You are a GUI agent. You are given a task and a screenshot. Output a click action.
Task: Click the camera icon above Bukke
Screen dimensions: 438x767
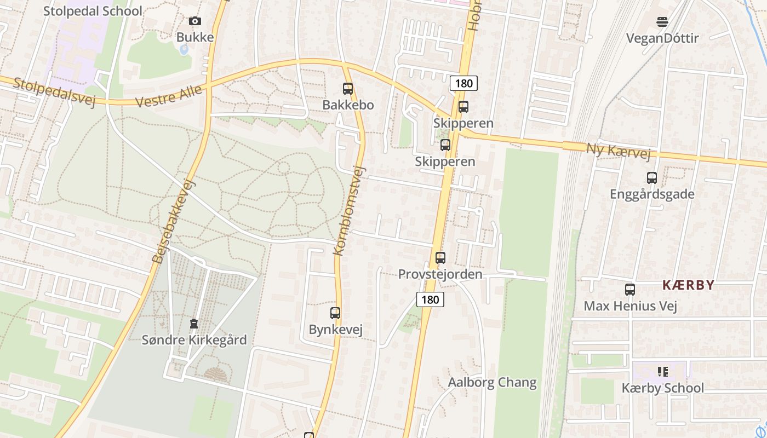[194, 21]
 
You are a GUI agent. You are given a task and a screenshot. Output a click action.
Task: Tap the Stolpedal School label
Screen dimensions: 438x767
[93, 11]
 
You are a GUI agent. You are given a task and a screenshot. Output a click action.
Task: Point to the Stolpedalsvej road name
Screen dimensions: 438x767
[54, 91]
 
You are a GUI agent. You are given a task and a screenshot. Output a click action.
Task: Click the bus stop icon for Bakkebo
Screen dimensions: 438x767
[348, 88]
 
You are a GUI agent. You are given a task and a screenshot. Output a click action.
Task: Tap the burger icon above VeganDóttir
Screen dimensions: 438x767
[662, 22]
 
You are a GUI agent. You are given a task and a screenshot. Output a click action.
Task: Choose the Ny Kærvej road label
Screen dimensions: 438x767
[619, 151]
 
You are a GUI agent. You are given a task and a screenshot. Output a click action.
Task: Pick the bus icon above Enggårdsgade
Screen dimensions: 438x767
[651, 178]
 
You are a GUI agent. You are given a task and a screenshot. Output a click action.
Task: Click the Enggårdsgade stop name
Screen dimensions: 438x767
[652, 194]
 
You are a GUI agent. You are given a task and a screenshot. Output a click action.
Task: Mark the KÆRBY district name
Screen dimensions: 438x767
[688, 285]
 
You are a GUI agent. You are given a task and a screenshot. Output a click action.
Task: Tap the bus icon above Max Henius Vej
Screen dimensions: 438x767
[630, 289]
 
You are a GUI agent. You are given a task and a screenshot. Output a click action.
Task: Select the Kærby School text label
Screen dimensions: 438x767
[662, 388]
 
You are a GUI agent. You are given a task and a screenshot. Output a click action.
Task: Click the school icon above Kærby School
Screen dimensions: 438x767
[663, 372]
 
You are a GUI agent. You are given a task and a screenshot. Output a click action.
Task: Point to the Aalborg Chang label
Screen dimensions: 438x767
[492, 382]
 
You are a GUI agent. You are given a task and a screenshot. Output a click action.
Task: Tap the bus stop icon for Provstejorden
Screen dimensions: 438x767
[440, 257]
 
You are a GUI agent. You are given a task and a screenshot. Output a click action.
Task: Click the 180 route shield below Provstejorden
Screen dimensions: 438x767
[430, 299]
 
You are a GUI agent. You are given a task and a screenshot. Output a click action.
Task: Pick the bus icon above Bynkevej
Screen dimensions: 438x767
[335, 313]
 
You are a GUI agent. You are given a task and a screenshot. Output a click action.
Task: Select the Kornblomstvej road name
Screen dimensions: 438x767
[348, 210]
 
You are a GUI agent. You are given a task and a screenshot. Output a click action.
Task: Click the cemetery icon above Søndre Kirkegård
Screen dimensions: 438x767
[194, 324]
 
